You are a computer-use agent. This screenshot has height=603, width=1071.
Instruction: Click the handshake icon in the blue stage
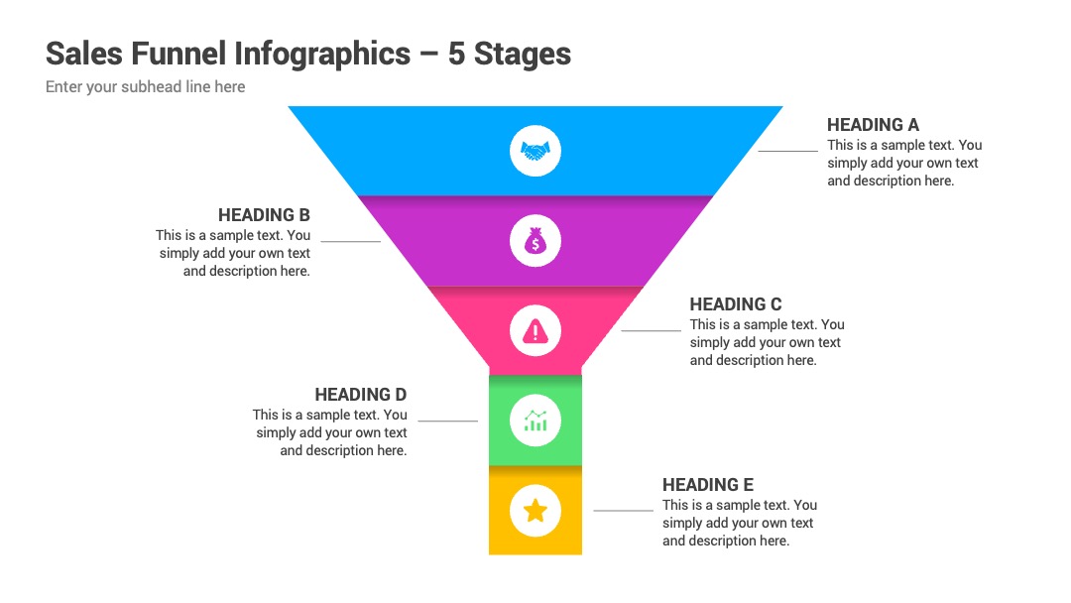(x=535, y=151)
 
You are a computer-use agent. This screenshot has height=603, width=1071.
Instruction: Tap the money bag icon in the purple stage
(x=535, y=240)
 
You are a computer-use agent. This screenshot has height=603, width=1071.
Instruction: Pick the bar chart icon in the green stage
(x=535, y=421)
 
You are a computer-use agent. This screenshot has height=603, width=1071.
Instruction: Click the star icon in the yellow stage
(x=535, y=510)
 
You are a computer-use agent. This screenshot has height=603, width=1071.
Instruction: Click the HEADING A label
(x=873, y=125)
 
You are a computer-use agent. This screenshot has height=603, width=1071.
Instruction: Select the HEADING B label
(x=265, y=215)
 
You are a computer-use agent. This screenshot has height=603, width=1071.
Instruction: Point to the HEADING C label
(x=736, y=304)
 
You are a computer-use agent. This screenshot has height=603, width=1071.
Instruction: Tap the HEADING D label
(x=361, y=395)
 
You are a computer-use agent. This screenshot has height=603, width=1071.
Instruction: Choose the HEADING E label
(x=708, y=485)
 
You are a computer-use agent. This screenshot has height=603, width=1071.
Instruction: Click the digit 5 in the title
(x=456, y=54)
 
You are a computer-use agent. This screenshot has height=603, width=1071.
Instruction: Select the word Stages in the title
(x=523, y=55)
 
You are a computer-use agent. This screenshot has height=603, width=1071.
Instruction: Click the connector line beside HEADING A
(x=787, y=151)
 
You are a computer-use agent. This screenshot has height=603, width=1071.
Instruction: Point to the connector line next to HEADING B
(x=350, y=241)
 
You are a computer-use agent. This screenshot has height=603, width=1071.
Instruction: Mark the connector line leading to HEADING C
(x=651, y=330)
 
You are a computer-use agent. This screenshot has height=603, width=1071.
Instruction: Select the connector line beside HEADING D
(x=447, y=421)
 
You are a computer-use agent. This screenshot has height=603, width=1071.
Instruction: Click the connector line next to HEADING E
(x=623, y=510)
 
